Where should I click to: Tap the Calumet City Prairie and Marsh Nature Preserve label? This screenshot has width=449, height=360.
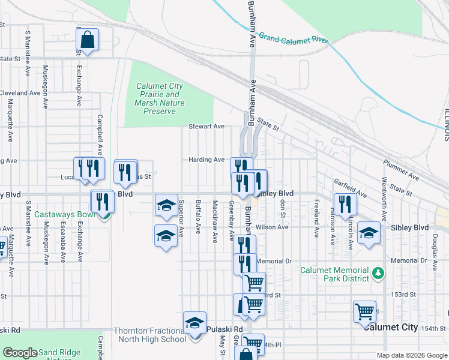(x=160, y=98)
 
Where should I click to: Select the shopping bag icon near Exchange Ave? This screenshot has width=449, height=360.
(x=87, y=40)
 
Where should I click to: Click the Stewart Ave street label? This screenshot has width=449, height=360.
(x=206, y=127)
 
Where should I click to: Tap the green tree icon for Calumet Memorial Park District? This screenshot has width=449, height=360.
(x=378, y=274)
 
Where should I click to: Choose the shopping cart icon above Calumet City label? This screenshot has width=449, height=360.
(x=364, y=311)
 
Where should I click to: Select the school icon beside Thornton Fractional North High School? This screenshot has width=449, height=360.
(x=194, y=323)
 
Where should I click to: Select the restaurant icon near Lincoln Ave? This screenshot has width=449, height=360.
(x=345, y=203)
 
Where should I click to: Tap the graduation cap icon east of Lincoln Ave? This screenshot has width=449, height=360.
(x=369, y=233)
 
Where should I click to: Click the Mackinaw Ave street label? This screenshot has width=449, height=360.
(x=214, y=221)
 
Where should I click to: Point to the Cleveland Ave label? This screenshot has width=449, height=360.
(x=20, y=93)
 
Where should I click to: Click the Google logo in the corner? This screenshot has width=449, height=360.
(x=20, y=353)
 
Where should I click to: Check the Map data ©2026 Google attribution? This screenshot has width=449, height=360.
(x=411, y=355)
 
